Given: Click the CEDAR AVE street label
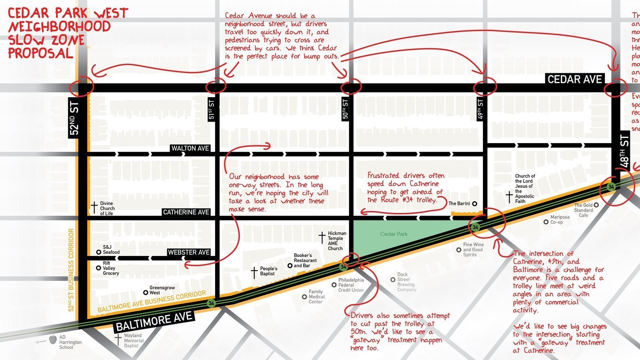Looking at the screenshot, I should point(574,79).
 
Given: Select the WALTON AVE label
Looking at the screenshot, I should point(190,148).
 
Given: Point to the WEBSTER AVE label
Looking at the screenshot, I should point(189,252).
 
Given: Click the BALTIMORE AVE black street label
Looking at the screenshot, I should point(154,321).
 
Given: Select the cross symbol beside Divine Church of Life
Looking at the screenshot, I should point(94,208).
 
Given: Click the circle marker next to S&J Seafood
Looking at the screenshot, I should point(98,252).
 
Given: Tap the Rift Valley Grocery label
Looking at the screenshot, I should point(111,268).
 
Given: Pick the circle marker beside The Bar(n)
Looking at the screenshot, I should point(475,204).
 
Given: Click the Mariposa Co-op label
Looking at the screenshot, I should point(560,220).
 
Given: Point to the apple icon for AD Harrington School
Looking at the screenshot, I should point(53,340).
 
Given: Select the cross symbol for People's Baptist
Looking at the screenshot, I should point(254,272).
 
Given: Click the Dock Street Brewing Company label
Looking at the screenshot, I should point(406,282).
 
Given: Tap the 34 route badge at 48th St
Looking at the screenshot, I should point(611,187).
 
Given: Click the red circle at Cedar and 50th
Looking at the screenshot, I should point(351,86).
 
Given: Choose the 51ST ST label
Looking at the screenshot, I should point(212,110).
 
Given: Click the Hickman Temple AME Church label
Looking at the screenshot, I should point(337,241).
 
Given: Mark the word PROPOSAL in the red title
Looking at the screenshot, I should point(40,53).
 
